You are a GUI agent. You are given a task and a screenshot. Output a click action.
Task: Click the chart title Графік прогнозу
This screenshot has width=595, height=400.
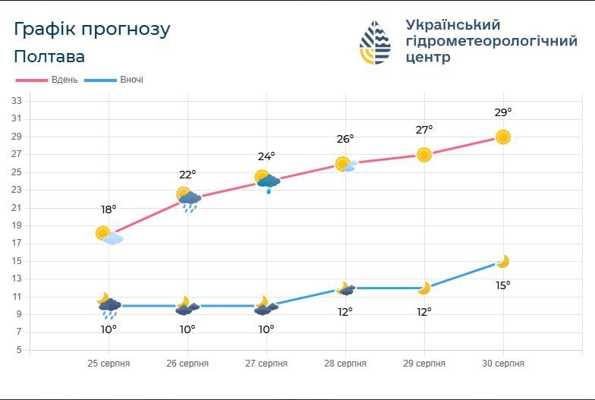92,30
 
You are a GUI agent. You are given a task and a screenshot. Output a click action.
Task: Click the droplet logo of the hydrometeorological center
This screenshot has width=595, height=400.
375,43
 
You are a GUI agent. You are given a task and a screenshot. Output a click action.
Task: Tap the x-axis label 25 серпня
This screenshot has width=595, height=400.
109,364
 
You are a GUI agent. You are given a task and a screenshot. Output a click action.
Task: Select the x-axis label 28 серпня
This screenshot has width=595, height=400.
345,364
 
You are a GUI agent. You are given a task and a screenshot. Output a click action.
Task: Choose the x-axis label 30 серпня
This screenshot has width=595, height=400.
503,364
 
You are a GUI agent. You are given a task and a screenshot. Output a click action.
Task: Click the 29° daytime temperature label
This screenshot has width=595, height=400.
503,112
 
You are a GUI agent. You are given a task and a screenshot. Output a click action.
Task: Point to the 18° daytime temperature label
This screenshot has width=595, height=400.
109,209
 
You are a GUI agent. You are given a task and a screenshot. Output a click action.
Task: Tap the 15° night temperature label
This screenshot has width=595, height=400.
503,285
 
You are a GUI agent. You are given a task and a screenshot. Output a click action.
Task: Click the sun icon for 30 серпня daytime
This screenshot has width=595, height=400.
503,137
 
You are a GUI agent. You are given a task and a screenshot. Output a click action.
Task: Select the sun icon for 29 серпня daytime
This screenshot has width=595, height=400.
424,155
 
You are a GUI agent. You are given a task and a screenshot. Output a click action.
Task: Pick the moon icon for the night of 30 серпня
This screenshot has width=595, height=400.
502,262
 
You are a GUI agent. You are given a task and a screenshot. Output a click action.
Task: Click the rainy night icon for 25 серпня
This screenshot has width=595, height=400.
109,306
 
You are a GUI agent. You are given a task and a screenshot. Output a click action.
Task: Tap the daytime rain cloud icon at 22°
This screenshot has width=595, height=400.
188,199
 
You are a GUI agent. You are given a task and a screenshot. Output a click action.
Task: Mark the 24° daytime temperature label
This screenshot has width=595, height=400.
266,157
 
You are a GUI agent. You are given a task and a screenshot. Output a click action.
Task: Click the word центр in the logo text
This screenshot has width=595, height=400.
429,58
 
